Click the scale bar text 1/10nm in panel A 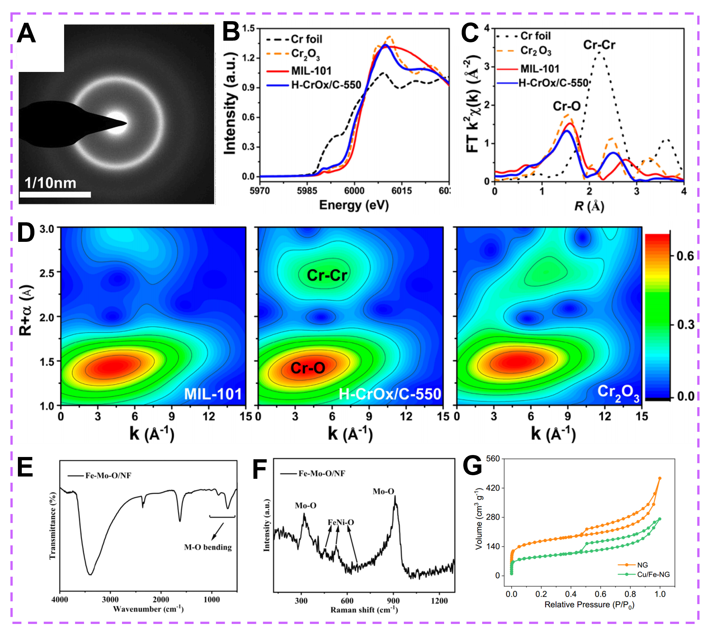(50, 183)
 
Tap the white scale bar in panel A (55, 194)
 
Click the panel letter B (231, 32)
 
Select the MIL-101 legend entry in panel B (311, 71)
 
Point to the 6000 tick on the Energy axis (354, 191)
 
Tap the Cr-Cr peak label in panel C (599, 45)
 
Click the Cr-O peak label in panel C (566, 106)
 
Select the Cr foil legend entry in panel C (536, 36)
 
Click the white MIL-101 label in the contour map (213, 394)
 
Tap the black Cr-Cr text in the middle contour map (327, 275)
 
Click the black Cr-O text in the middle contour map (308, 367)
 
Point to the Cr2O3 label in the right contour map (618, 393)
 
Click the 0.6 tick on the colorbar (685, 256)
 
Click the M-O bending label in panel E (208, 547)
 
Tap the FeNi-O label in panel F (341, 522)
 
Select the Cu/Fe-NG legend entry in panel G (653, 574)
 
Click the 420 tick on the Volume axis (493, 488)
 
